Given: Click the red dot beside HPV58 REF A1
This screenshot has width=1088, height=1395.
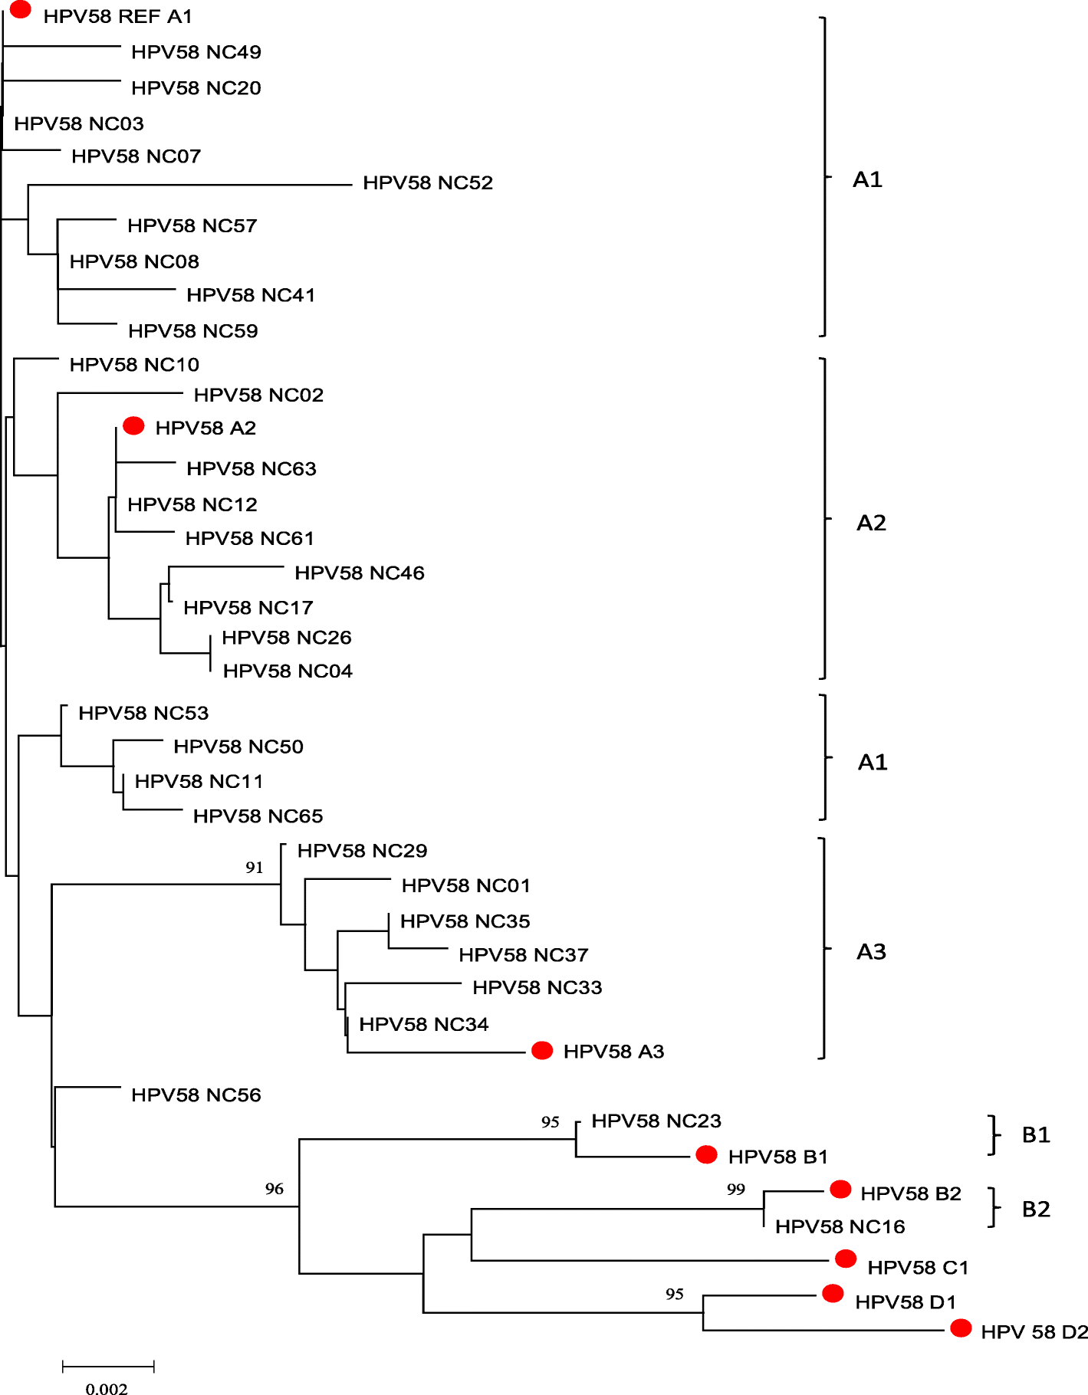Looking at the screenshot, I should point(21,10).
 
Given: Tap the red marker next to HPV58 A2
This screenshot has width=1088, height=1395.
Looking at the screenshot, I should point(133,425).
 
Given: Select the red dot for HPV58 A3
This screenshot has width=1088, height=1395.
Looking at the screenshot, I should point(542,1050).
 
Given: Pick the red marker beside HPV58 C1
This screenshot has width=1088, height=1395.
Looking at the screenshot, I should point(845,1259).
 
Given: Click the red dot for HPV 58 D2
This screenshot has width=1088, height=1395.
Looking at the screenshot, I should point(961,1328).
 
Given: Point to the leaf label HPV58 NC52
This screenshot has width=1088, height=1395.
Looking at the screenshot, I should point(428,182).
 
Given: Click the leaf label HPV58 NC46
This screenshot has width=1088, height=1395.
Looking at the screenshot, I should point(360,573).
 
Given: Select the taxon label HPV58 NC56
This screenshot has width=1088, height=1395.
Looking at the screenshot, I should point(196,1095).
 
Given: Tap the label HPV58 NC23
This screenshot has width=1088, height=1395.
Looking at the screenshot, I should point(656,1121).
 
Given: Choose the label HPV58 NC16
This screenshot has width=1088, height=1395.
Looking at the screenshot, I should point(840,1226).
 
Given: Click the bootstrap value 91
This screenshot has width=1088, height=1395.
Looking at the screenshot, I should point(255,867).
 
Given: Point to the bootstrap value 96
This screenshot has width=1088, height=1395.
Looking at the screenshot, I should point(274,1188).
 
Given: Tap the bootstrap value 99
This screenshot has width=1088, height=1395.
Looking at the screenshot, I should point(736,1189).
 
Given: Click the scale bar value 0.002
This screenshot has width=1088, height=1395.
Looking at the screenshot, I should point(107,1387).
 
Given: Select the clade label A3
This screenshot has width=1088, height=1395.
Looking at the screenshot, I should point(871,951).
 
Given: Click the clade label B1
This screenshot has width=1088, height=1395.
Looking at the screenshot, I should point(1036,1134).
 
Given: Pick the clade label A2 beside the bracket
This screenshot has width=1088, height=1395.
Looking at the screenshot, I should point(871,523).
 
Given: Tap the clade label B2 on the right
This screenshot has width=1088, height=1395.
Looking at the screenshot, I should point(1036,1209).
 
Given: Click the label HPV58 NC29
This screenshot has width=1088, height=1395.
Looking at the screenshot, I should point(362,850).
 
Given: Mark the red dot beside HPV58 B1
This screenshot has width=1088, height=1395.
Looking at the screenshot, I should point(706,1154).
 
